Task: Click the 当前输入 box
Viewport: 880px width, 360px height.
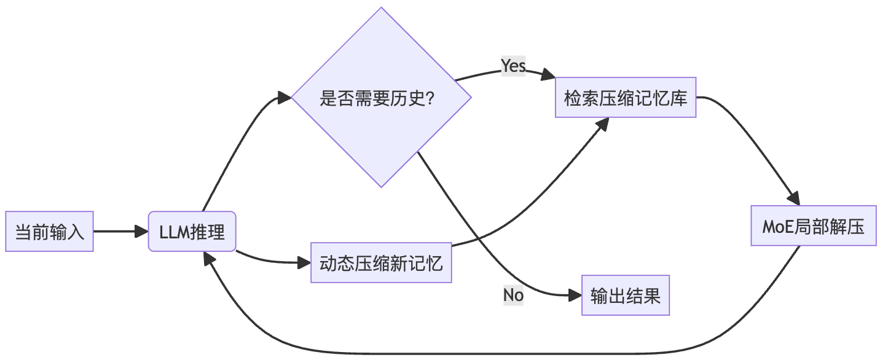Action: (x=49, y=232)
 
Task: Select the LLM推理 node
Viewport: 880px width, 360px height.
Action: (x=192, y=232)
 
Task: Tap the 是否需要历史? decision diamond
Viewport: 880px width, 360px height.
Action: (x=381, y=97)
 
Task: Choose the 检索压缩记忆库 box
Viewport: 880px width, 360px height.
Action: (x=626, y=97)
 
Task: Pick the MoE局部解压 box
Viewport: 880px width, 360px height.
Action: (x=814, y=226)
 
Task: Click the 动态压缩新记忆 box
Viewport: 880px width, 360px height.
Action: (x=381, y=264)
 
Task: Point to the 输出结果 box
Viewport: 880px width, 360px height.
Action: (x=626, y=296)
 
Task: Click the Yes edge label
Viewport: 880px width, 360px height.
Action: (x=513, y=66)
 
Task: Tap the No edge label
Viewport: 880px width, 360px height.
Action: (x=513, y=295)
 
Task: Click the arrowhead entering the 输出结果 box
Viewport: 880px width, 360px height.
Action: (x=575, y=296)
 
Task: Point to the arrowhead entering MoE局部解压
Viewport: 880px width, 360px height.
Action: (x=794, y=198)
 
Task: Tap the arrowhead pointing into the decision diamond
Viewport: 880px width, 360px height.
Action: (x=284, y=97)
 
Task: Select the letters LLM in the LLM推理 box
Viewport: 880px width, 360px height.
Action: (x=175, y=232)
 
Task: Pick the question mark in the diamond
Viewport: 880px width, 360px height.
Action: (x=430, y=98)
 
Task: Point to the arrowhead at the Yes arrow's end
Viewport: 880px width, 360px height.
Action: (x=548, y=76)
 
